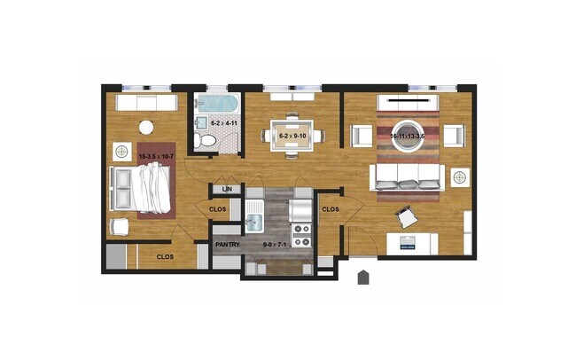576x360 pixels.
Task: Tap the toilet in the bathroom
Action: point(206,141)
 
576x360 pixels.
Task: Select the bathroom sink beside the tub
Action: point(202,122)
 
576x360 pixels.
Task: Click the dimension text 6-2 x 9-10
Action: point(292,136)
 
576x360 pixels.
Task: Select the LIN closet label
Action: point(227,190)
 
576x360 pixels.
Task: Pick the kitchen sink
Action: point(255,215)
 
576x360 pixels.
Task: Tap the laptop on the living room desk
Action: point(408,240)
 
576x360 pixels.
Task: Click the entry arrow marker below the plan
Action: point(363,278)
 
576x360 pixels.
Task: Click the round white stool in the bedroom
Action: point(147,126)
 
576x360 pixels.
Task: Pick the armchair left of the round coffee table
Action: point(362,136)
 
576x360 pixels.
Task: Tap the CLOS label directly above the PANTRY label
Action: point(217,210)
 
